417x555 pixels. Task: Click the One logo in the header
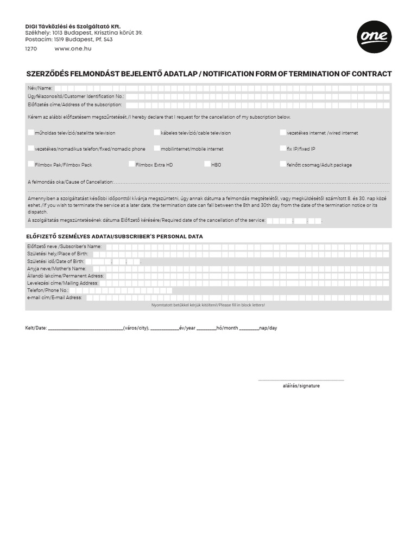374,37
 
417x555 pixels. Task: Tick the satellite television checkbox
31,132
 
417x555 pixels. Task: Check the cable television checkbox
157,132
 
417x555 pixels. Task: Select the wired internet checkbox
283,132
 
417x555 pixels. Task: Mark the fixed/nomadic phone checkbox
31,148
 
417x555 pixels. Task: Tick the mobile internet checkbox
157,148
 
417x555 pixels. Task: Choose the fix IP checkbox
283,148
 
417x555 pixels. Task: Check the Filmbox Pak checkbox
31,164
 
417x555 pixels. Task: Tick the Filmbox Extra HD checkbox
132,164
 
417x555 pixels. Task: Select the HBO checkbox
207,164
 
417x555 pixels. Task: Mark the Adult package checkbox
283,164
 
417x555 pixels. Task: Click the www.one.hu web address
73,48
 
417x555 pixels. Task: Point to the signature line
301,380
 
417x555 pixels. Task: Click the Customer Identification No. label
75,96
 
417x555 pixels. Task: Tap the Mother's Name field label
56,268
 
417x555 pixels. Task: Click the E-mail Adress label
54,298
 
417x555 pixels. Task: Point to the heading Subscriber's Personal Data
114,236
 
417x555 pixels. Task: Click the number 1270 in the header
31,48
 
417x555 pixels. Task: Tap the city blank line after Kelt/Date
85,328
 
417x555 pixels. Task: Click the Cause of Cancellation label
71,182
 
